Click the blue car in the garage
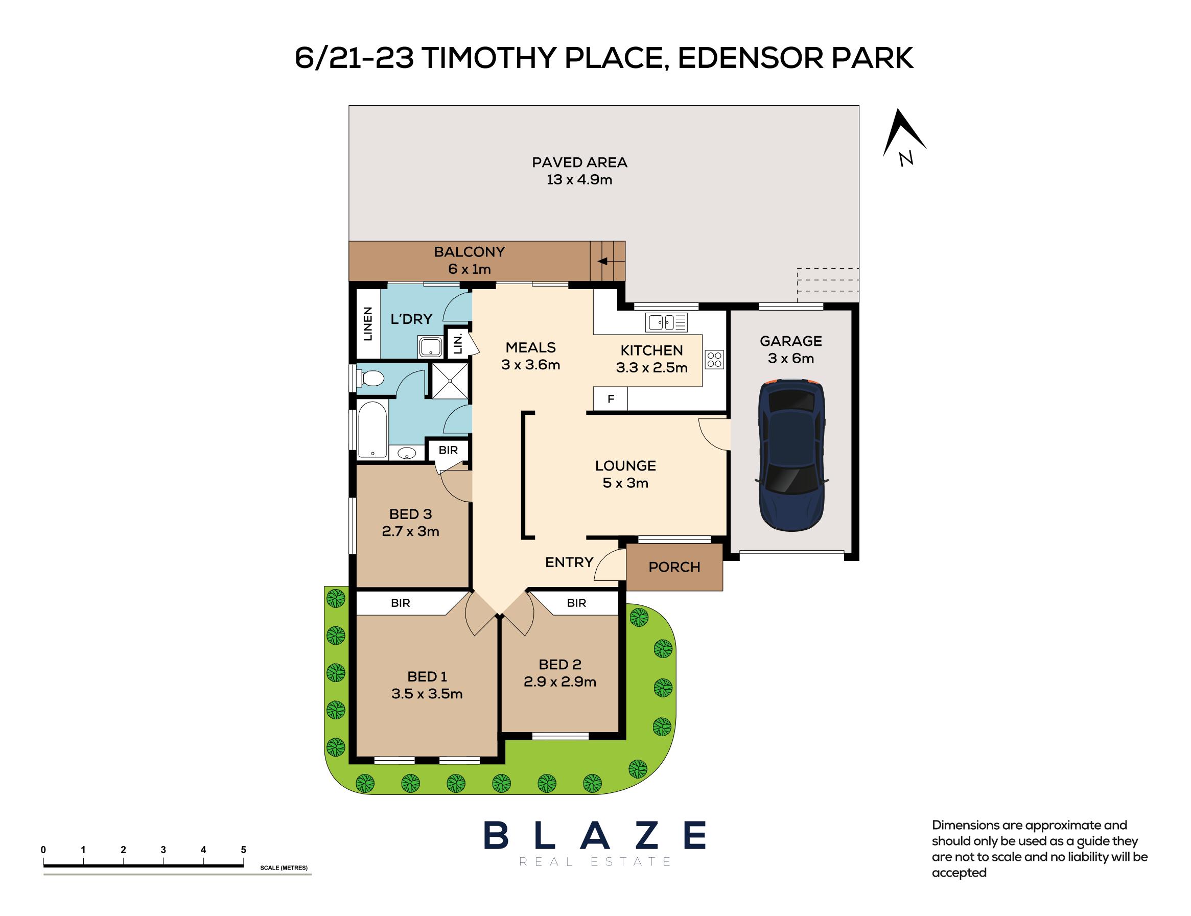coord(791,455)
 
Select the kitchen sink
coord(666,322)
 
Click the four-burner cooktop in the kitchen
coord(714,359)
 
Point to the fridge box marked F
coord(611,399)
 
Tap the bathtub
coord(372,429)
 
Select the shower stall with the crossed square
coord(450,381)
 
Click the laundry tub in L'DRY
coord(430,347)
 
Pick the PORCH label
coord(674,567)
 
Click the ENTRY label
coord(569,562)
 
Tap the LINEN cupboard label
coord(367,324)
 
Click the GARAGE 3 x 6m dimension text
coord(791,358)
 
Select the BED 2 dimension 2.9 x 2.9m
coord(560,682)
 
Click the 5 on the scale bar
coord(243,850)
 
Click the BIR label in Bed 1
coord(400,603)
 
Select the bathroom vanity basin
coord(406,453)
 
